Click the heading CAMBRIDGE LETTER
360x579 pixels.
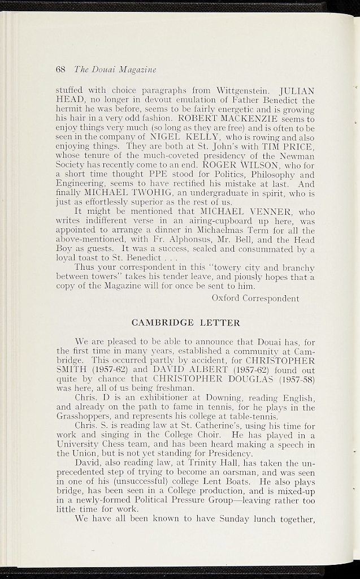(x=185, y=323)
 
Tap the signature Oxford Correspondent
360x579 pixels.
(x=255, y=298)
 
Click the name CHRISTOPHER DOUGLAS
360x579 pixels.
(x=197, y=379)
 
